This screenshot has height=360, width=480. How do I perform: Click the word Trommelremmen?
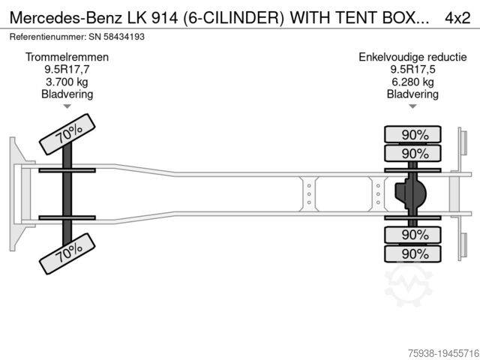[67, 57]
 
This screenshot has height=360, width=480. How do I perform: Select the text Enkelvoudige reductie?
[412, 57]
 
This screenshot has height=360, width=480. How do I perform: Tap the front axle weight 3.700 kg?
[67, 82]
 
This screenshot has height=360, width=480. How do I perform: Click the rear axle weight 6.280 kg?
[412, 82]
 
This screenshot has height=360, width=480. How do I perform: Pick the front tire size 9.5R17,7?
[67, 70]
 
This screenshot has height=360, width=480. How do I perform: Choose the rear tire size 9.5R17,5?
[412, 70]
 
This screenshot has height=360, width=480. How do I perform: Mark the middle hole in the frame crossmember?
[308, 194]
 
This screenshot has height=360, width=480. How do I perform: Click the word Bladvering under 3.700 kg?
[67, 94]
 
